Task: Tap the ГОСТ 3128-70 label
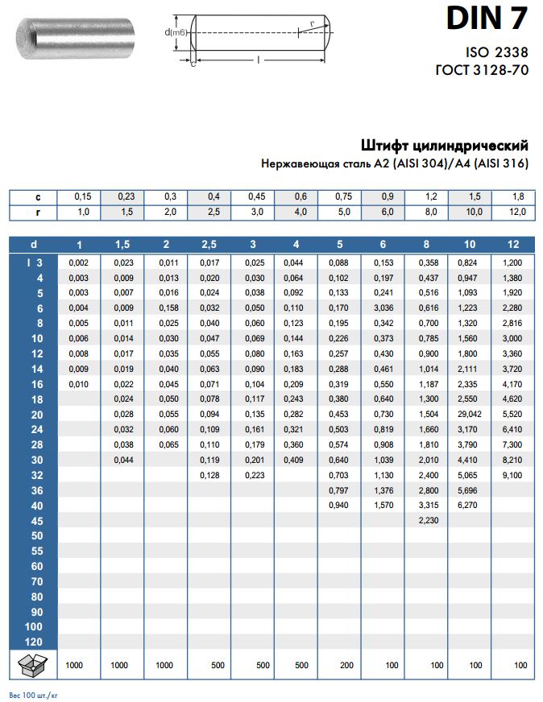482,70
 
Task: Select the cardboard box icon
30,665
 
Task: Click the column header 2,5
209,244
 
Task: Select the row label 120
33,642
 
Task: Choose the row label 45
35,520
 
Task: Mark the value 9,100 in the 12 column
512,474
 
